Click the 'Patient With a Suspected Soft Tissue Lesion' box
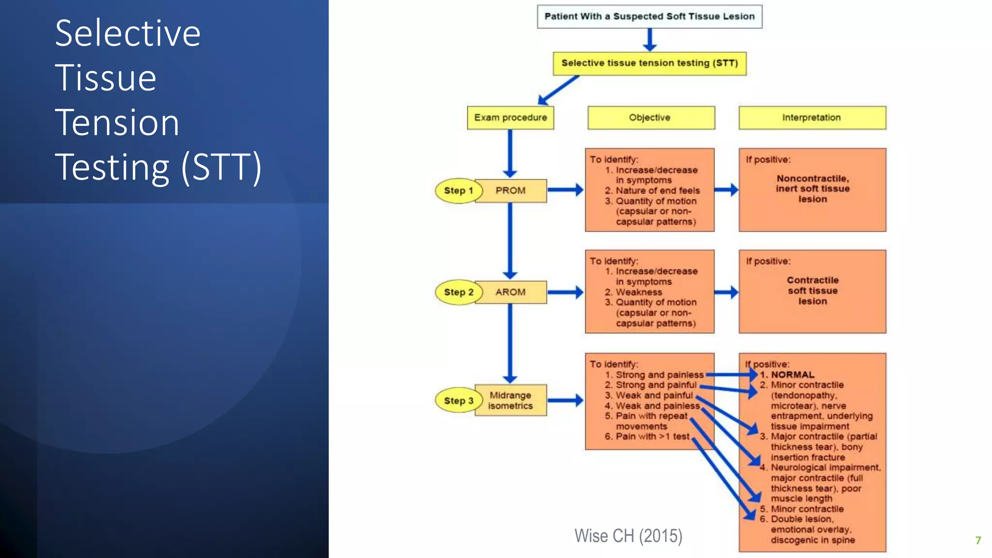point(649,16)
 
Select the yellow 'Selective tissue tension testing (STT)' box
point(649,63)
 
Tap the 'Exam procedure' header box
point(510,118)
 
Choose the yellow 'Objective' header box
point(651,118)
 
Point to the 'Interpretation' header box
point(812,118)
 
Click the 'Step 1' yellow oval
point(458,191)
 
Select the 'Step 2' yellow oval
point(458,292)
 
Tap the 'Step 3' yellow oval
point(458,401)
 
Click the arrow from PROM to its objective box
point(565,190)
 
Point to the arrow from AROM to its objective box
point(565,292)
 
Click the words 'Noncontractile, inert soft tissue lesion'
point(812,189)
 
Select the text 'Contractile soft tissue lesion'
point(812,291)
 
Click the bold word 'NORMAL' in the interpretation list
point(792,375)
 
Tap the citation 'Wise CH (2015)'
point(628,536)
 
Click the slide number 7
point(978,540)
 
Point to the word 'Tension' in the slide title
point(117,123)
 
